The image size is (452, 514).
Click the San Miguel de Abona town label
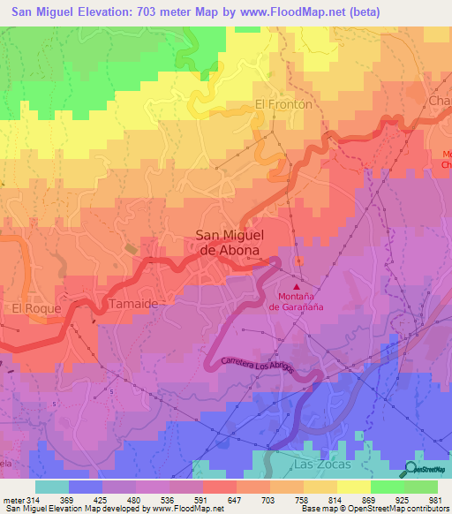coord(227,243)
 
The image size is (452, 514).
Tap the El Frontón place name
coord(284,103)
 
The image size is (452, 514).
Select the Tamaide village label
coord(133,303)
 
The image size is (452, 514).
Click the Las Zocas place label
coord(326,464)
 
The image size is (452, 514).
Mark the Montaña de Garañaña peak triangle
coord(297,286)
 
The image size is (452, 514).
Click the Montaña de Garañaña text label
coord(297,302)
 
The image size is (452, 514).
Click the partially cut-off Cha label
coord(440,102)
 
